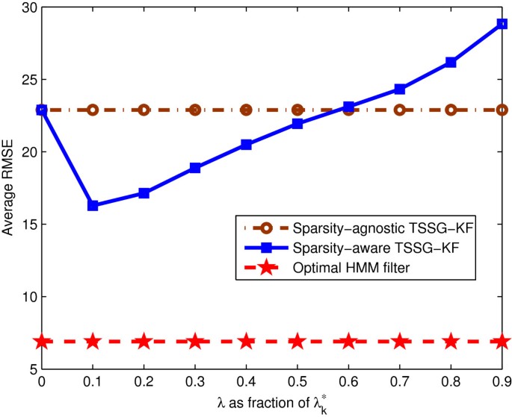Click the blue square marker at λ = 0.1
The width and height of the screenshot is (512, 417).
click(93, 205)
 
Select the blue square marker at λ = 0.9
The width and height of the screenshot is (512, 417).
click(502, 24)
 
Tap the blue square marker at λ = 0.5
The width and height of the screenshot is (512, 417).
click(297, 124)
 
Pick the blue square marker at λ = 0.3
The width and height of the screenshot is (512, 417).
click(195, 168)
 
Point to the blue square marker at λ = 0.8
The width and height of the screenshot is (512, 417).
click(451, 63)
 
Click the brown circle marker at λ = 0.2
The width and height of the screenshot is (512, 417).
click(144, 110)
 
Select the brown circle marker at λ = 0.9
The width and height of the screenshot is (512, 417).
click(502, 110)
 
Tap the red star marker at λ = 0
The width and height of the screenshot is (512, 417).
click(42, 342)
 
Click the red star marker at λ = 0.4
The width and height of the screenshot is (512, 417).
click(247, 342)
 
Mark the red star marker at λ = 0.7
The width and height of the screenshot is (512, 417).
click(400, 342)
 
